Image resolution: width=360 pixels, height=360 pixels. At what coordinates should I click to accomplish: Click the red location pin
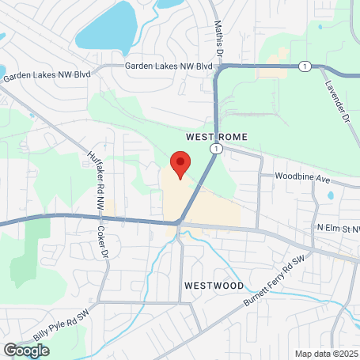click(180, 166)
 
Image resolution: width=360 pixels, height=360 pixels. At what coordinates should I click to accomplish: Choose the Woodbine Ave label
click(301, 180)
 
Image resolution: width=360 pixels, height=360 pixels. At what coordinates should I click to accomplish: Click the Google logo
click(27, 349)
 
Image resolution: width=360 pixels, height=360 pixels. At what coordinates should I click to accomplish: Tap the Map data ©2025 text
click(327, 353)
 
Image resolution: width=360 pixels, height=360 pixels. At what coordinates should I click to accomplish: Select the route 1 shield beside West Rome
click(214, 148)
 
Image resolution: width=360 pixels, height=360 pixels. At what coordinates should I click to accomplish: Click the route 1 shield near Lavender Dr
click(305, 66)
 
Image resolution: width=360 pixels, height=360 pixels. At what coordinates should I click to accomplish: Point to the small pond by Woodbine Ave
click(331, 194)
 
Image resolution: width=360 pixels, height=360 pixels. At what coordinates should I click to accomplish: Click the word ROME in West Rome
click(225, 137)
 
